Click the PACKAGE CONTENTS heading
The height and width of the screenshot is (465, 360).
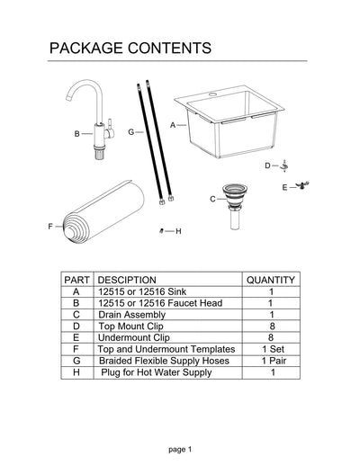coord(130,47)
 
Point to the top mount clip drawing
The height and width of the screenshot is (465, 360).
coord(285,165)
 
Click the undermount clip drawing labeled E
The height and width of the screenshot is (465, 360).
coord(304,185)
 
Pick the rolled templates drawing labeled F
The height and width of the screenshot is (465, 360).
coord(104,216)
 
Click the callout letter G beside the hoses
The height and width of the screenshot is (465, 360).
coord(130,131)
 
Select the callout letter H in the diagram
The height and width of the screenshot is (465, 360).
coord(178,231)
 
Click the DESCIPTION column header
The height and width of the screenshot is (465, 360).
coord(127,280)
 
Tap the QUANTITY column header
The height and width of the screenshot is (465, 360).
coord(271,280)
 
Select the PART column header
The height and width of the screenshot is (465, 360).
coord(76,280)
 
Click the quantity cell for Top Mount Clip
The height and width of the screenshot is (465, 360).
coord(271,326)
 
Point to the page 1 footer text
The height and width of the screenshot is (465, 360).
coord(179,447)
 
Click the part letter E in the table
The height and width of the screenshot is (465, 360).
coord(76,337)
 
